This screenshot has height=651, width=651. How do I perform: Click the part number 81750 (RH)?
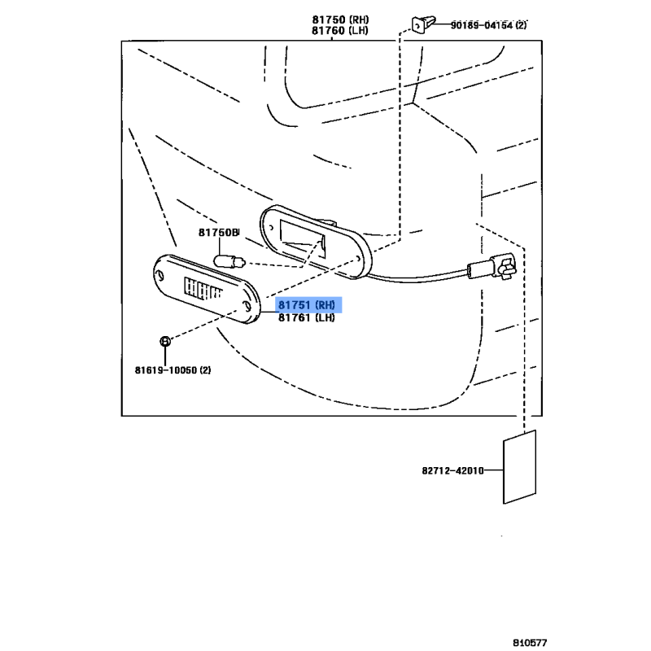339,20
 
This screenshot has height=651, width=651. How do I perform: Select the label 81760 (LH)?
339,31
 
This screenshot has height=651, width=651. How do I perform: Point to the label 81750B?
218,233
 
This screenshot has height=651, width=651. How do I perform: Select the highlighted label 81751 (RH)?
307,306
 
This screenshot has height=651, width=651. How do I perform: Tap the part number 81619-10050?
166,370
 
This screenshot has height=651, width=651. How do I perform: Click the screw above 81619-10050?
165,341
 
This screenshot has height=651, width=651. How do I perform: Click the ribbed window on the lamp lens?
201,291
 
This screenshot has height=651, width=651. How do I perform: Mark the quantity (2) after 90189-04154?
521,25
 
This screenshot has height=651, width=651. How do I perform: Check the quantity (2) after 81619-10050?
204,370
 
